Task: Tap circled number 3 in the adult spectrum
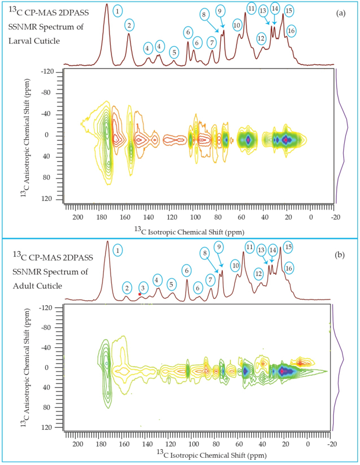tap(143, 288)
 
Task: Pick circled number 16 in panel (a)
tap(291, 32)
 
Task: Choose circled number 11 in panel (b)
tap(250, 247)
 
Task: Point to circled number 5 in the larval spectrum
tap(174, 52)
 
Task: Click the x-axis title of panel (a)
tap(190, 230)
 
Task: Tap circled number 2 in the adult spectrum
tap(127, 288)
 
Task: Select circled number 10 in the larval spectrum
tap(237, 25)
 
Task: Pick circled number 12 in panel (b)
tap(259, 273)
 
